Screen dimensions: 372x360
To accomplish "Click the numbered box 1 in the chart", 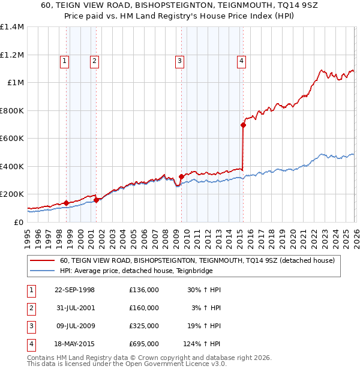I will [64, 60].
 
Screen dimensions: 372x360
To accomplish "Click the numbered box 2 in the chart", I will [95, 60].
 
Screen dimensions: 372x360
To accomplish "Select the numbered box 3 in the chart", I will [179, 60].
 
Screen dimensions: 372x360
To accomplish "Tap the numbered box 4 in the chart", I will [241, 60].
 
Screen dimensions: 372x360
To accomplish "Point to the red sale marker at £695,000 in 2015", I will [243, 125].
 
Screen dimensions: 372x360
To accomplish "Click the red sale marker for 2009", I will [181, 176].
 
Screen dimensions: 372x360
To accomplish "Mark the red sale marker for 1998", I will [66, 203].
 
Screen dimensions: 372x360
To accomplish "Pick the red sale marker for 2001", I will [96, 200].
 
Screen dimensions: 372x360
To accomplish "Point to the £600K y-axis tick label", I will [12, 138].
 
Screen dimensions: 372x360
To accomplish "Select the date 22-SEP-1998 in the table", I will [74, 290].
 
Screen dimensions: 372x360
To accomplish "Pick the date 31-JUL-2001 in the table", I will [74, 308].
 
